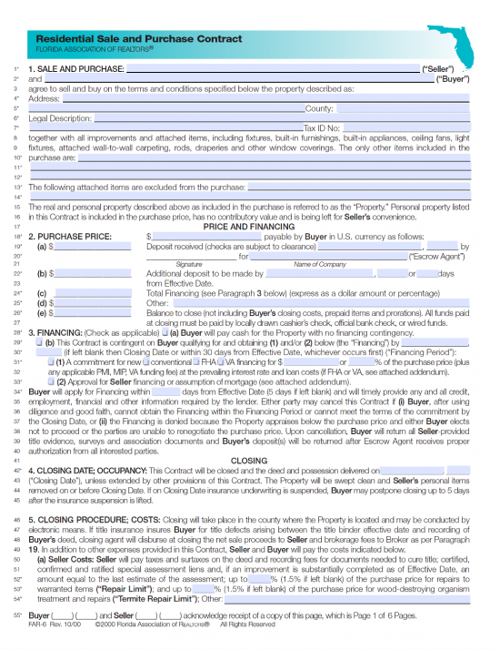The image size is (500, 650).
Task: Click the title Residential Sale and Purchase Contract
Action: pos(138,39)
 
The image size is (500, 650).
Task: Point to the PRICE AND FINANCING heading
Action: pos(248,226)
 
